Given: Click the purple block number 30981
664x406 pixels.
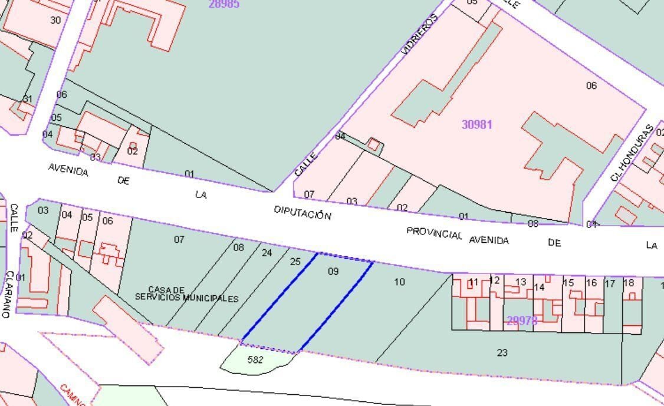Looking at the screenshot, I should [x=476, y=124].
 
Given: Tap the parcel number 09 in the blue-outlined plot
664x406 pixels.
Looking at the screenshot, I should [x=333, y=272].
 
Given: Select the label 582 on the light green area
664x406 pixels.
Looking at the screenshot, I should [x=255, y=359].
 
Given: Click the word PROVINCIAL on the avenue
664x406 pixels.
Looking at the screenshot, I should [x=435, y=233].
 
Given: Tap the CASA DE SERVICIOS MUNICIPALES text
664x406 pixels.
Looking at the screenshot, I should [x=186, y=295].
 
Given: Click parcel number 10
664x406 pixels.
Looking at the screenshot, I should [x=399, y=282].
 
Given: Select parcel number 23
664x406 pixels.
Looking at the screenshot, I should [x=502, y=353].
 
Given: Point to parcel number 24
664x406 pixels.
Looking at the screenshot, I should [x=267, y=253].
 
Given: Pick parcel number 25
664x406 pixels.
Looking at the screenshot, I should [x=295, y=262].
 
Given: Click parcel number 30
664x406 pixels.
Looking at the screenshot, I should [x=55, y=20].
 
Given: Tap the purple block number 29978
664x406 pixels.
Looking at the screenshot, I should [x=522, y=321].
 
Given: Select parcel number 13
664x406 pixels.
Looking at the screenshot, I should [x=520, y=282].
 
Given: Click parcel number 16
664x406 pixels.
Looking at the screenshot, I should [x=591, y=283].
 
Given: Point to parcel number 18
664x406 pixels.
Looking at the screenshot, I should [x=629, y=283].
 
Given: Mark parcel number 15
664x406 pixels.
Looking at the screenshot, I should [x=568, y=283].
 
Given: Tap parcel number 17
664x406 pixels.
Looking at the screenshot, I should [x=610, y=283].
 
